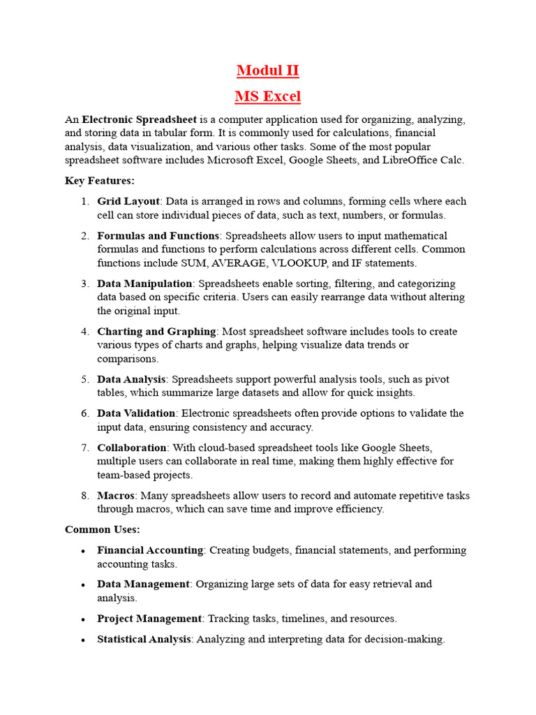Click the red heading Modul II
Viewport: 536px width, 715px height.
(x=268, y=71)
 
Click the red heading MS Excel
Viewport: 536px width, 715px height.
(x=268, y=96)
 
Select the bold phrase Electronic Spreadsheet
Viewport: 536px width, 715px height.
(x=140, y=119)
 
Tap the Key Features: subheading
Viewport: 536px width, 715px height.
(x=100, y=181)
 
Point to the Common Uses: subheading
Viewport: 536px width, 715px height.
(x=103, y=529)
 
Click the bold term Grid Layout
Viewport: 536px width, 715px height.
(x=128, y=201)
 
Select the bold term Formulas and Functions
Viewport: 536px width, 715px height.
(x=158, y=235)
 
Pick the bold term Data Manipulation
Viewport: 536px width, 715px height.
(x=144, y=283)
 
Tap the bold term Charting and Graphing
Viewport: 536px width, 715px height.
(x=157, y=331)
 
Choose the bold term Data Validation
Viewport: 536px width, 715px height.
(x=136, y=413)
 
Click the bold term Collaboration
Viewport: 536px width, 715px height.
(x=132, y=448)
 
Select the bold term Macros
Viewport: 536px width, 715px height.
(x=115, y=495)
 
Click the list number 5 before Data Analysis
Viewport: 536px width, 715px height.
(x=84, y=379)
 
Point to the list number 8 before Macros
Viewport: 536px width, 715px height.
(x=84, y=495)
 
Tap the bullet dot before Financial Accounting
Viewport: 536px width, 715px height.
(x=83, y=551)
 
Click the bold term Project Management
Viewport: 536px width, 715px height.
(x=149, y=619)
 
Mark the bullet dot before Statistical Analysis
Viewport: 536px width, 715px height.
(x=83, y=640)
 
